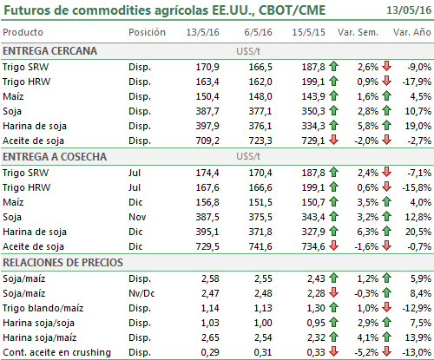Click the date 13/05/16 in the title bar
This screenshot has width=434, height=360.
pyautogui.click(x=409, y=10)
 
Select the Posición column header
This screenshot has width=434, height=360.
pyautogui.click(x=147, y=32)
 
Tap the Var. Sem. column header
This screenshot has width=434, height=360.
pyautogui.click(x=358, y=32)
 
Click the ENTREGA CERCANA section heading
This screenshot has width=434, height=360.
pyautogui.click(x=50, y=51)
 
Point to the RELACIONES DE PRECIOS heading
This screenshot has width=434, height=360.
pyautogui.click(x=62, y=263)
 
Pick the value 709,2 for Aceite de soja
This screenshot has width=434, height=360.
pyautogui.click(x=207, y=141)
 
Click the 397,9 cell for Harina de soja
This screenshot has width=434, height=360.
pyautogui.click(x=207, y=126)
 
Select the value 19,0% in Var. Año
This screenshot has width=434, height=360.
pyautogui.click(x=418, y=126)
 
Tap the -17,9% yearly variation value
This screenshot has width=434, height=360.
pyautogui.click(x=417, y=82)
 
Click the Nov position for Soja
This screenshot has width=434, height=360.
pyautogui.click(x=137, y=217)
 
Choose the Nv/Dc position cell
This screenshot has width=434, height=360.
pyautogui.click(x=141, y=293)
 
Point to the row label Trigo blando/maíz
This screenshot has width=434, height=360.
pyautogui.click(x=43, y=308)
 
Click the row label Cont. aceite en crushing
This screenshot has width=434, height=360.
pyautogui.click(x=56, y=352)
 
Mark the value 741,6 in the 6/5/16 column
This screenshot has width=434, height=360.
pyautogui.click(x=260, y=246)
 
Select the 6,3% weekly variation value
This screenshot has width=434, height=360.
pyautogui.click(x=368, y=232)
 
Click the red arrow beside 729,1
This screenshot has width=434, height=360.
pyautogui.click(x=334, y=140)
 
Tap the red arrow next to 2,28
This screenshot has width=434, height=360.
pyautogui.click(x=334, y=292)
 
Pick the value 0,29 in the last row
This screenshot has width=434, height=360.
pyautogui.click(x=210, y=352)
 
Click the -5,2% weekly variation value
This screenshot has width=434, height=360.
pyautogui.click(x=366, y=352)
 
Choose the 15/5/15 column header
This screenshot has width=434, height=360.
pyautogui.click(x=308, y=32)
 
